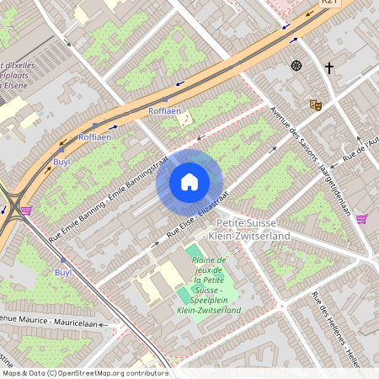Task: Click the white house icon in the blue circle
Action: (189, 182)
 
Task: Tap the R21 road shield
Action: (329, 3)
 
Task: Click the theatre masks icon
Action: (316, 104)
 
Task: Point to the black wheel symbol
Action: (296, 66)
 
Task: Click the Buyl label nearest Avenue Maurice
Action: (62, 272)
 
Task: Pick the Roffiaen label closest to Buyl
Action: (94, 136)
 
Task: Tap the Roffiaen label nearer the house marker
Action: (164, 111)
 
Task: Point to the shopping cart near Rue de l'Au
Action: (361, 219)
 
